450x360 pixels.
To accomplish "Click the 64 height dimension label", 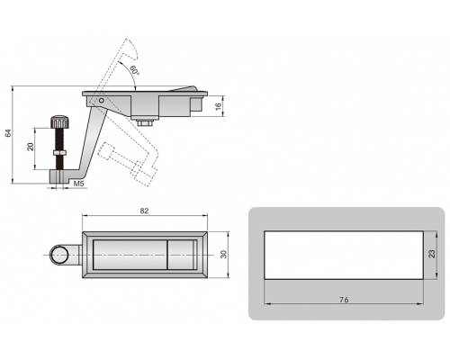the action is tap(8, 133).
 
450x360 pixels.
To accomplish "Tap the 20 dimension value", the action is tap(31, 147).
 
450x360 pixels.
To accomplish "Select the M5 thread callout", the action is tap(78, 184).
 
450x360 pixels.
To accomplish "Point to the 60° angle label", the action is tap(135, 70).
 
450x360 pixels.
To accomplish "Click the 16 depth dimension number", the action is tap(219, 105).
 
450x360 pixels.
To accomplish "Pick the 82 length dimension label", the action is tap(144, 211).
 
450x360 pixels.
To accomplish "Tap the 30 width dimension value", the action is tap(223, 254).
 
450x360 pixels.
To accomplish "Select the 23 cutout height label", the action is tap(431, 254).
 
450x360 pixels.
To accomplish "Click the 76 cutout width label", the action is tap(344, 300).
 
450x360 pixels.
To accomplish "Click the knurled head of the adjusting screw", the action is tap(60, 121).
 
